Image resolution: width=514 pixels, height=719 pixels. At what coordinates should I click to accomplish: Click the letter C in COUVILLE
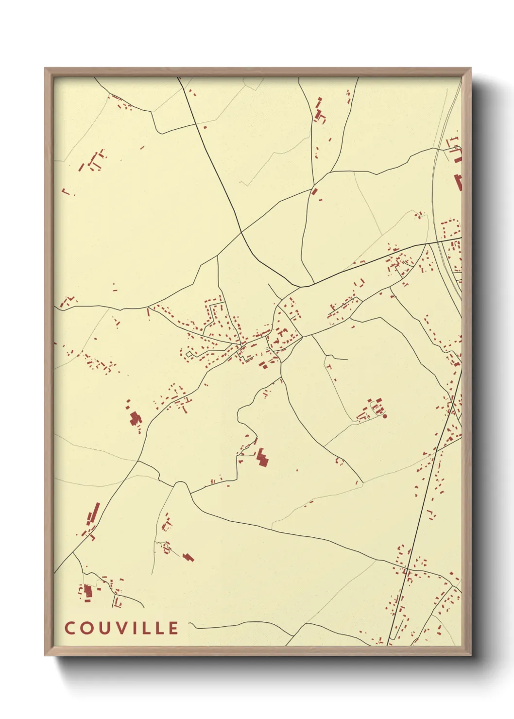[x=69, y=628]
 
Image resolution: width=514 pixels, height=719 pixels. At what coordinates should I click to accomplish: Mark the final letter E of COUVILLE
[x=173, y=628]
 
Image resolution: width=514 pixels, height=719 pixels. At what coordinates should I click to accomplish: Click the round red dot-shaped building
[x=385, y=416]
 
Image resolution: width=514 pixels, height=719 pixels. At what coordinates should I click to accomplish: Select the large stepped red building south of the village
[x=262, y=458]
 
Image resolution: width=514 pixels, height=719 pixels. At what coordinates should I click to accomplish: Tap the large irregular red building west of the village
[x=134, y=418]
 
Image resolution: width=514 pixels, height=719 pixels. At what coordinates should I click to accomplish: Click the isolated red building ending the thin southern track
[x=188, y=557]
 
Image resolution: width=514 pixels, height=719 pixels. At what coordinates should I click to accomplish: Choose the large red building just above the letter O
[x=87, y=592]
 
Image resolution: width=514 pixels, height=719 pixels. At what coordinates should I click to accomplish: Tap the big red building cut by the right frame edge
[x=457, y=183]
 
